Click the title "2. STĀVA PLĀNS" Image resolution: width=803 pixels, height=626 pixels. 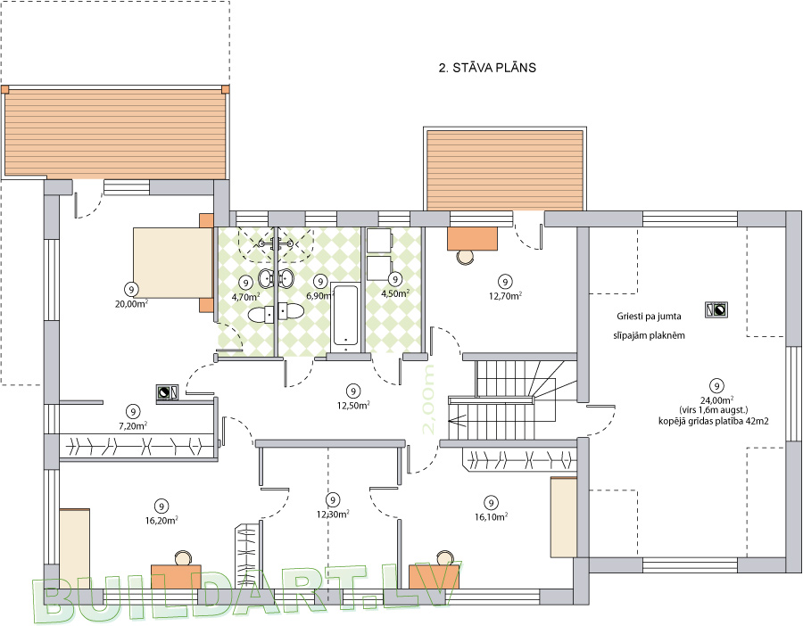click(x=487, y=68)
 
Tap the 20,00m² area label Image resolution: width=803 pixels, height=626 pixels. click(x=132, y=303)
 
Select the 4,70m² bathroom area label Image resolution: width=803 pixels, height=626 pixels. click(x=246, y=296)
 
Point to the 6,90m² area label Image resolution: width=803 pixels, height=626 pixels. click(x=320, y=295)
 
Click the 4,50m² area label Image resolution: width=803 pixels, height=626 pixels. click(x=395, y=293)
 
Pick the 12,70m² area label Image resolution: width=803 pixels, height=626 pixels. click(x=506, y=295)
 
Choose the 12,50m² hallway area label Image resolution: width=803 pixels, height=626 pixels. click(x=353, y=406)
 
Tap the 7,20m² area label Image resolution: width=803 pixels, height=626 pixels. click(x=133, y=425)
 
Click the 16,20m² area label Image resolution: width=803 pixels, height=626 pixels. click(x=161, y=521)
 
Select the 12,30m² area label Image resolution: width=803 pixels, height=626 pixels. click(x=333, y=514)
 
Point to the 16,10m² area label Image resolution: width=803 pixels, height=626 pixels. click(x=491, y=517)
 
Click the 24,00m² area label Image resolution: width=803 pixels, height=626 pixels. click(x=717, y=399)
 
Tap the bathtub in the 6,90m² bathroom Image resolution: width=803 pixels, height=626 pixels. click(x=345, y=317)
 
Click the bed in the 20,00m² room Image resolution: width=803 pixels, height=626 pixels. click(x=173, y=262)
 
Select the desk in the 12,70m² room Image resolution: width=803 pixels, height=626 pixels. click(x=472, y=238)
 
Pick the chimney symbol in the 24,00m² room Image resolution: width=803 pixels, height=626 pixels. click(x=717, y=309)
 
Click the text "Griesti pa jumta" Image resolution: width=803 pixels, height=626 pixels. click(x=649, y=317)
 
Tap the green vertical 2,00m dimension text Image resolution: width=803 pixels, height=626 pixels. click(x=427, y=399)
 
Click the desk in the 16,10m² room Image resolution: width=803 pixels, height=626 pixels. click(x=435, y=576)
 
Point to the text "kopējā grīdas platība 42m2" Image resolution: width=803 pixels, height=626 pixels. click(x=714, y=421)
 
